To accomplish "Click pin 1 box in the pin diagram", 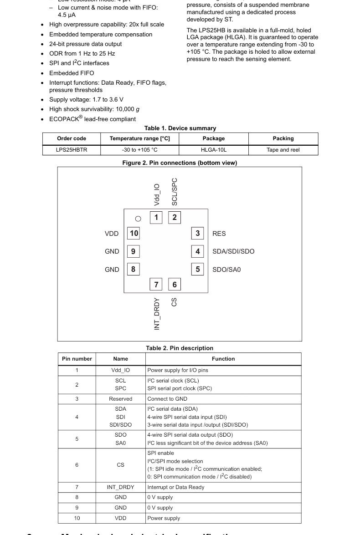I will click(156, 217).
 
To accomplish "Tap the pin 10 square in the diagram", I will click(134, 233).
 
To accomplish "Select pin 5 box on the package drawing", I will click(197, 269).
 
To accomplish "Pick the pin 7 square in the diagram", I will click(156, 285).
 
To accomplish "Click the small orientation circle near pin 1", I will click(139, 219).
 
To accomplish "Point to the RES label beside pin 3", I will click(219, 234).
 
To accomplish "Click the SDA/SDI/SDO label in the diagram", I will click(233, 251).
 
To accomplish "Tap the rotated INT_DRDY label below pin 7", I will click(157, 314).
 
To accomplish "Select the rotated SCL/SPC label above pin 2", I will click(175, 192).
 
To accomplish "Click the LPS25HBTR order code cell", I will click(72, 150).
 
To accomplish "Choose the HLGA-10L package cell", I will click(213, 150).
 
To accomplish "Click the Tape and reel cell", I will click(283, 150).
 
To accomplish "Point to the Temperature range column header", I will click(139, 138).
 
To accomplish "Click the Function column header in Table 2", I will click(223, 359).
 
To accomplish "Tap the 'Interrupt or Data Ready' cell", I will click(175, 487).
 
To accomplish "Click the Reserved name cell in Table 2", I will click(120, 399).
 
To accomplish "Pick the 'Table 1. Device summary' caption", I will click(180, 128).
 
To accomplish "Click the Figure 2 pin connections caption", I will click(180, 163).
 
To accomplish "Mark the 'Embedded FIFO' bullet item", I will click(72, 73).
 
